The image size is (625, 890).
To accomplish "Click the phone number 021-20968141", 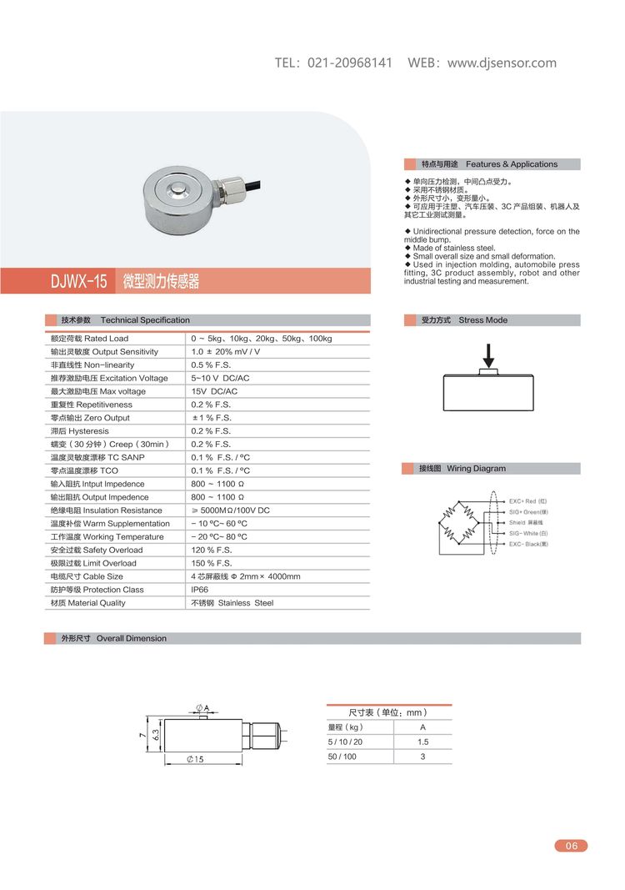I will (x=350, y=63).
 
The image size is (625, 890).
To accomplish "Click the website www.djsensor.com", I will (x=502, y=63).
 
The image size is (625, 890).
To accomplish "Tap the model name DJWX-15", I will (x=79, y=281).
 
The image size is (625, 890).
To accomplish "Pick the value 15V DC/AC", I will (x=214, y=391).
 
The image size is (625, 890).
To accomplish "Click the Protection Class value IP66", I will (x=200, y=590).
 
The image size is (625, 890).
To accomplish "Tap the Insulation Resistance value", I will (x=230, y=510).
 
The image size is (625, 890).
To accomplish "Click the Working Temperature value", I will (x=219, y=537).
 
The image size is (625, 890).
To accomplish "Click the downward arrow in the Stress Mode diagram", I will (x=489, y=354).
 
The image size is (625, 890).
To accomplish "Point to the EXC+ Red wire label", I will (x=527, y=501).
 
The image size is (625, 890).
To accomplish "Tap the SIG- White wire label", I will (x=528, y=533).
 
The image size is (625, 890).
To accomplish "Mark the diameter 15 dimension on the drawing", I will (x=196, y=759).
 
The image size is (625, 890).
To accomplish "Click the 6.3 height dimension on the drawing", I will (x=156, y=736).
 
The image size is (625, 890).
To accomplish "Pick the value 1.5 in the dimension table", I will (x=422, y=742).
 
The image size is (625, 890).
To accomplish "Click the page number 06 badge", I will (x=571, y=846).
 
